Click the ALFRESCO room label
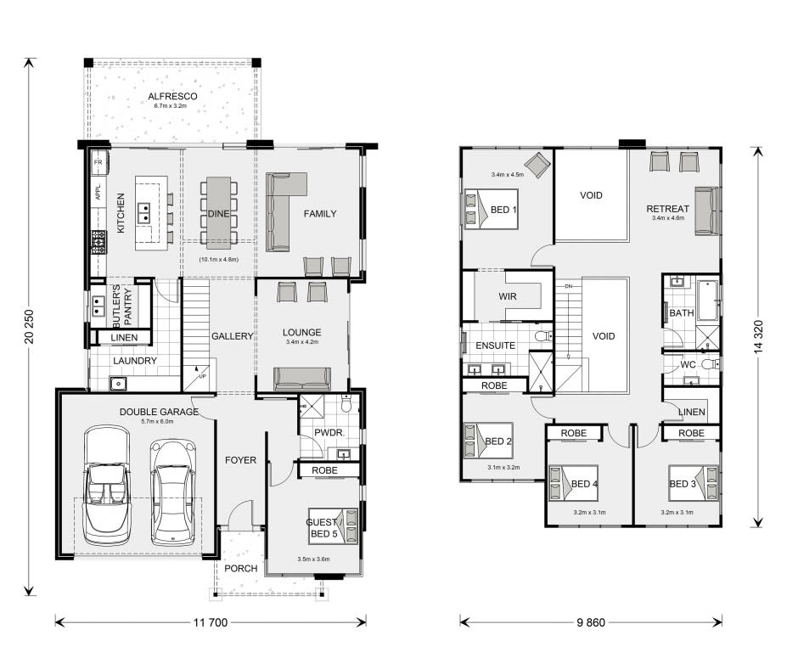[x=172, y=97]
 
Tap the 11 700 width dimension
[x=211, y=622]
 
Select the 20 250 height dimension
[x=29, y=327]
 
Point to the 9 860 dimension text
[x=591, y=622]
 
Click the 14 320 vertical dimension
[x=758, y=337]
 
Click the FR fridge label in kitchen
[x=98, y=163]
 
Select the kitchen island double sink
[x=143, y=213]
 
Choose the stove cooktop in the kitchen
[x=98, y=241]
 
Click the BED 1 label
[x=503, y=210]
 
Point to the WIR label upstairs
[x=508, y=296]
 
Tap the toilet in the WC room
[x=711, y=363]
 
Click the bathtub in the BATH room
[x=708, y=301]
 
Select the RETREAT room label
[x=667, y=208]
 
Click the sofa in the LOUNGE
[x=302, y=379]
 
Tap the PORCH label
[x=240, y=568]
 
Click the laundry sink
[x=119, y=384]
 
